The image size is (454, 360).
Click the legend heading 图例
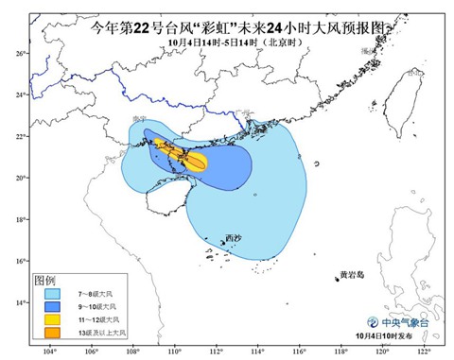[45, 282]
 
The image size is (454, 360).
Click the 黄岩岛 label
[351, 276]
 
